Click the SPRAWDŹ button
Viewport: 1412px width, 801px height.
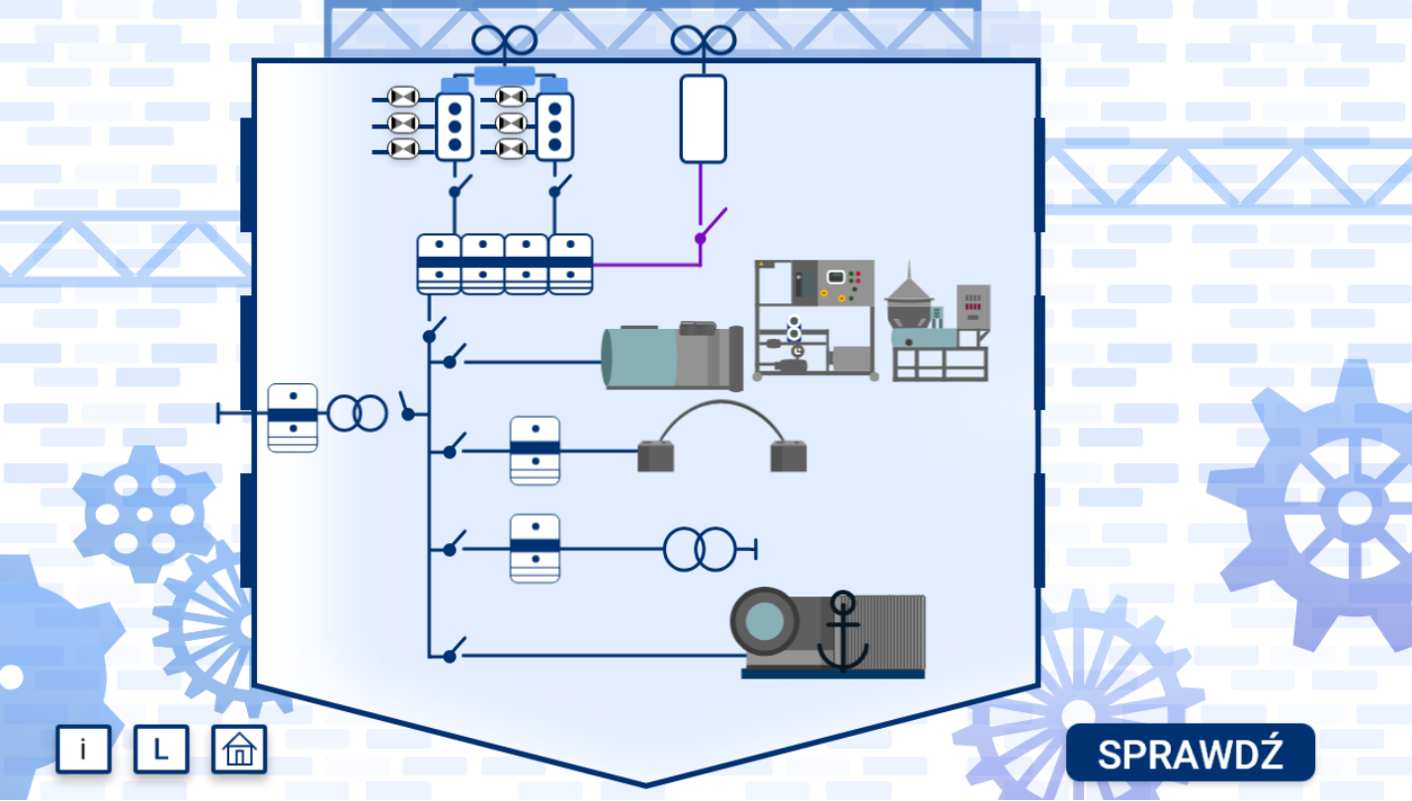(1190, 753)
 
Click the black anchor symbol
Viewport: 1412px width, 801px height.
(843, 632)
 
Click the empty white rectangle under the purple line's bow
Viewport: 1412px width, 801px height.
(703, 119)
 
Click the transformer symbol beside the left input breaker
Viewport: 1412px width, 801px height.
(357, 413)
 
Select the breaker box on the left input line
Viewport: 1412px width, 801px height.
(292, 417)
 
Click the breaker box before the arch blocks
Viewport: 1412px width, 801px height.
(535, 450)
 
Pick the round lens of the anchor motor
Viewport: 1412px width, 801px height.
(764, 621)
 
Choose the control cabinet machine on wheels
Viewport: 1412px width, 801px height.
(815, 319)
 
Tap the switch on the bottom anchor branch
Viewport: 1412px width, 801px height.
(454, 652)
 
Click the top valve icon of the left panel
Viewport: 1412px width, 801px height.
(403, 97)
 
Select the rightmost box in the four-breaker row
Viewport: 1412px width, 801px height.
(570, 264)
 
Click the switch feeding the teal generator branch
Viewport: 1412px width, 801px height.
(454, 357)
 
